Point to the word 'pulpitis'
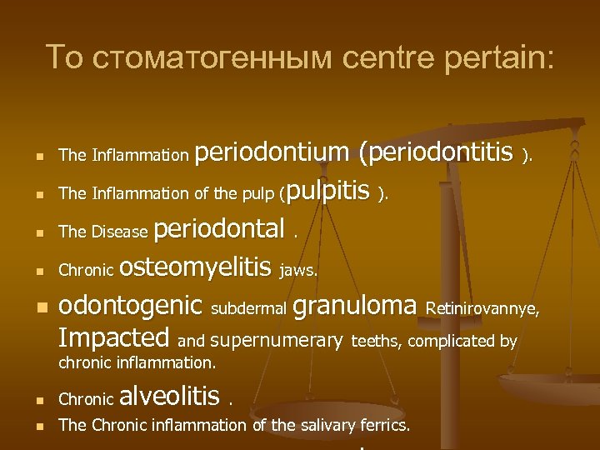click(x=331, y=192)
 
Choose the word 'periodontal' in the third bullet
click(x=220, y=228)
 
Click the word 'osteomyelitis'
click(x=196, y=267)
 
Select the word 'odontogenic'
click(x=131, y=306)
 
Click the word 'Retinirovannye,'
click(x=482, y=309)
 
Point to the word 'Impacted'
click(x=114, y=338)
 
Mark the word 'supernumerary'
click(x=277, y=340)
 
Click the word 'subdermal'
click(x=248, y=309)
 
